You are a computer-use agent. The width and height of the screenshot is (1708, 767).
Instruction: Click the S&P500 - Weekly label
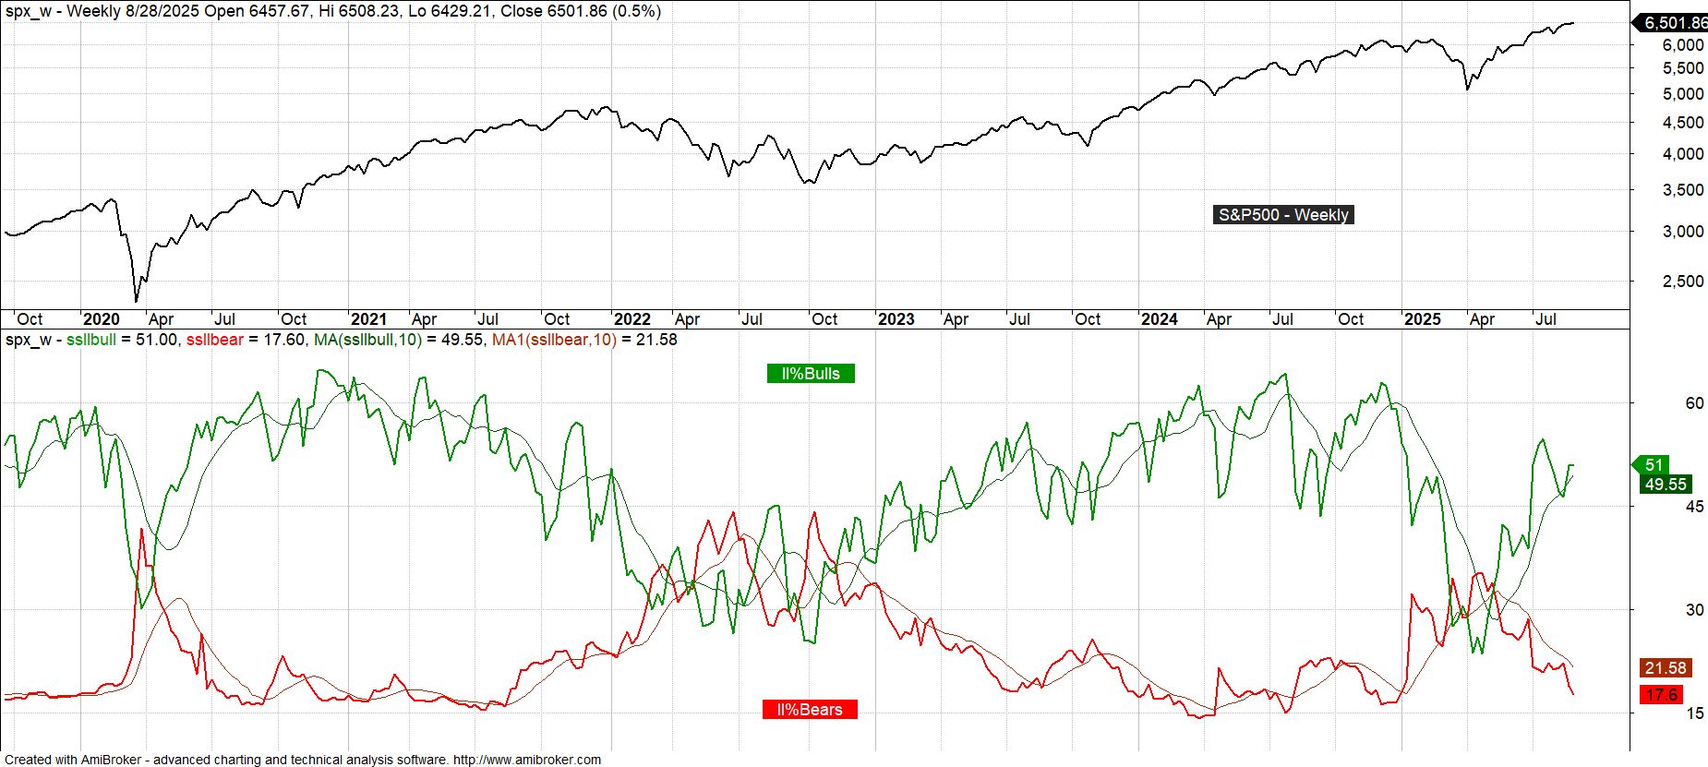click(x=1283, y=215)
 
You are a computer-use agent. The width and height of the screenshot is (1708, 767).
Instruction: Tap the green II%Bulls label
click(x=810, y=374)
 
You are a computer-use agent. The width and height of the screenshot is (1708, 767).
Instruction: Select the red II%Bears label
click(x=810, y=710)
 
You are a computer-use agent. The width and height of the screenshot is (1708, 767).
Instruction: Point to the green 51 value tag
click(x=1654, y=465)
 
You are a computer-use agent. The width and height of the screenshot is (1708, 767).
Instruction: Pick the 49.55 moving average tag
click(x=1665, y=485)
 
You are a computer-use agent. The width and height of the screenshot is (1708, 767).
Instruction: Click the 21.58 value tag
click(x=1665, y=668)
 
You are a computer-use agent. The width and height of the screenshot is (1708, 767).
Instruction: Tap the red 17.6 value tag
click(x=1661, y=695)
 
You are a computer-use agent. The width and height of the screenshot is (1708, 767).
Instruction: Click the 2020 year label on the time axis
click(x=102, y=319)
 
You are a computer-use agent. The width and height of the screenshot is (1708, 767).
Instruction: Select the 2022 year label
click(x=632, y=319)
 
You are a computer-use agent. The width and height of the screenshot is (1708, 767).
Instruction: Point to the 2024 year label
click(x=1159, y=319)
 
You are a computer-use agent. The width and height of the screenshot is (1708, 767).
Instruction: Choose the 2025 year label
click(x=1422, y=319)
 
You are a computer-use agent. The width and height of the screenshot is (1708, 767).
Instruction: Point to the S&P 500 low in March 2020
click(x=137, y=300)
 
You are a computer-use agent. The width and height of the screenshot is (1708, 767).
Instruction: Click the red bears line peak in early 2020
click(x=141, y=530)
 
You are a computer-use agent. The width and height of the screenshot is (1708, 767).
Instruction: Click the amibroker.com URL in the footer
click(x=526, y=760)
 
